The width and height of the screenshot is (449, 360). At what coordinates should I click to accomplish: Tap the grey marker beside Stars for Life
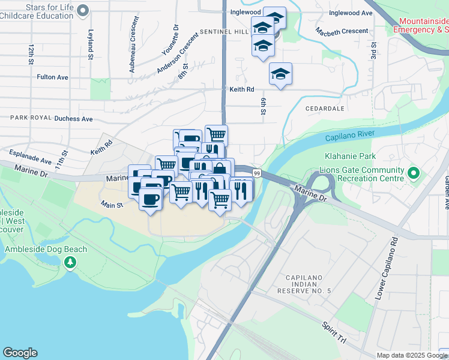(84, 10)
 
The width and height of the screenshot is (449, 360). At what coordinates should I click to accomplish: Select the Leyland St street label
(91, 46)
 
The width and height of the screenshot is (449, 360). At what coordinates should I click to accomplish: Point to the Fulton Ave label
(53, 77)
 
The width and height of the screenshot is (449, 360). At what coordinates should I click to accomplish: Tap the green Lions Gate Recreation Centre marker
(413, 174)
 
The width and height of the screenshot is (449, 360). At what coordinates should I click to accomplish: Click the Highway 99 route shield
(257, 173)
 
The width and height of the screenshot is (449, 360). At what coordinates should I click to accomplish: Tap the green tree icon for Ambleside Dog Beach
(71, 262)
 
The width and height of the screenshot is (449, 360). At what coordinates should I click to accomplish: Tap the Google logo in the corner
(20, 353)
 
